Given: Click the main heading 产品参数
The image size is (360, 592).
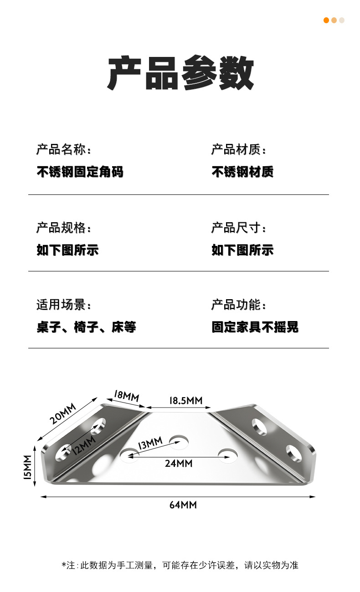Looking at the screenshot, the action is click(x=180, y=73).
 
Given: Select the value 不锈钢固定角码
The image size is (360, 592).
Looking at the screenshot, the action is click(x=80, y=172).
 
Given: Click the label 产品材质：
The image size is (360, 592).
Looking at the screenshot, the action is click(x=238, y=149).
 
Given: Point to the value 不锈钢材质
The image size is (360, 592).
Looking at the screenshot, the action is click(x=242, y=172).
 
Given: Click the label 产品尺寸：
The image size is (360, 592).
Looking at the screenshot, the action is click(x=238, y=228).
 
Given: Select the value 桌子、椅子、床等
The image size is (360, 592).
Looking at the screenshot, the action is click(x=86, y=327).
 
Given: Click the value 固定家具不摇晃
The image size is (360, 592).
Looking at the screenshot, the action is click(x=255, y=327).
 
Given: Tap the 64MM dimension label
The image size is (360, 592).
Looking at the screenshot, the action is click(x=183, y=505).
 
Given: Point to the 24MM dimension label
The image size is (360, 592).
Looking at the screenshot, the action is click(x=179, y=464).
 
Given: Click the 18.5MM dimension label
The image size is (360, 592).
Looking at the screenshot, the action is click(x=185, y=401).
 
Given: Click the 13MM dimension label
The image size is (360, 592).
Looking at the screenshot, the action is click(x=150, y=443).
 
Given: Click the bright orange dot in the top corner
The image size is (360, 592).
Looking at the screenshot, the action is click(x=326, y=20).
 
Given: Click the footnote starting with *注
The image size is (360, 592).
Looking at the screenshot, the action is click(x=180, y=565).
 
